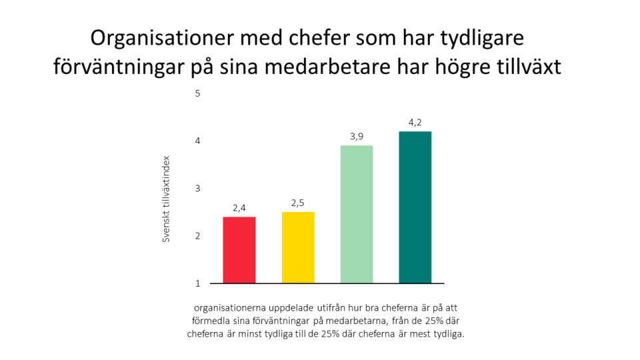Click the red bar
tap(239, 250)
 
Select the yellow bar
tap(298, 247)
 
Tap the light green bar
tap(357, 214)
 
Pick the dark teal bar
tap(415, 207)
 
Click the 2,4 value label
tap(239, 208)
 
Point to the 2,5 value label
tap(298, 203)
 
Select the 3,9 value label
tap(357, 137)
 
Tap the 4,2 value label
tap(415, 122)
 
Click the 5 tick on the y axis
tap(197, 93)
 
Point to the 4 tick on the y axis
tap(197, 141)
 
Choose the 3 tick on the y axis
tap(197, 189)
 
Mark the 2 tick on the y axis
tap(197, 236)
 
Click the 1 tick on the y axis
tap(197, 283)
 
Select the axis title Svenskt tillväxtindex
tap(167, 199)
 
